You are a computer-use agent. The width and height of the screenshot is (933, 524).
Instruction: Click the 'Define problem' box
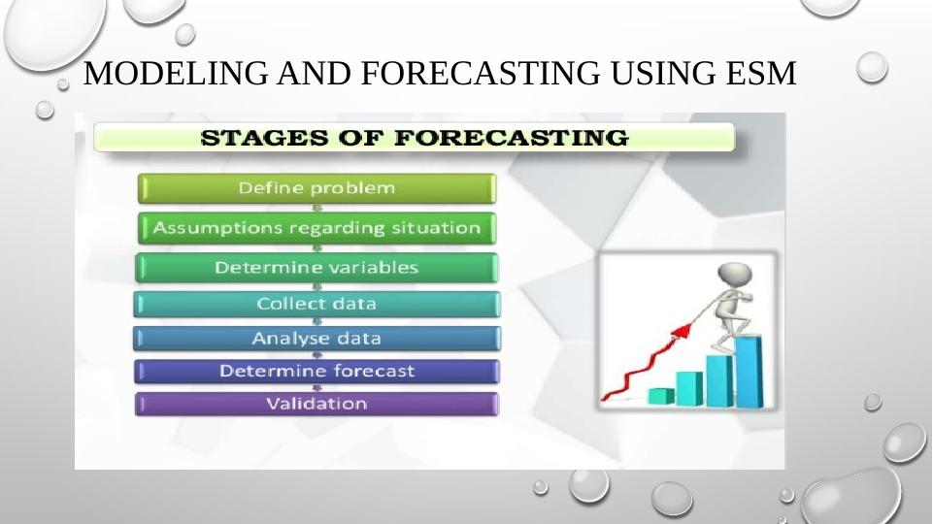(x=317, y=188)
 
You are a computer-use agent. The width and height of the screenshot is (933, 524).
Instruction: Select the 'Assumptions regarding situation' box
(x=317, y=228)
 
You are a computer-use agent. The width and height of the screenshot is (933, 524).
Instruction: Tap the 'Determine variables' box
(x=317, y=268)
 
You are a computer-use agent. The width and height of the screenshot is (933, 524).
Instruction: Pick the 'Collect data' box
(x=317, y=304)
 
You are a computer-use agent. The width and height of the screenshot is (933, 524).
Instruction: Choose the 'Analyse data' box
(x=317, y=339)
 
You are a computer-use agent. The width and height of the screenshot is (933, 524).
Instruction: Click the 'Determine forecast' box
(x=317, y=371)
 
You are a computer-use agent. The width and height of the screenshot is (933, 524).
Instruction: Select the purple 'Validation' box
(x=317, y=404)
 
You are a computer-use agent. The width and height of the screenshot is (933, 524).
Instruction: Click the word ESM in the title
(x=760, y=73)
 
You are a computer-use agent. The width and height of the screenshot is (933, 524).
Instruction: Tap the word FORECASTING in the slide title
(x=481, y=73)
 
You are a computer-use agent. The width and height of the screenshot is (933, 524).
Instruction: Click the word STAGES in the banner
(x=264, y=138)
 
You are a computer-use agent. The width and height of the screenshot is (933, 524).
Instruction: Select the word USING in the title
(x=663, y=73)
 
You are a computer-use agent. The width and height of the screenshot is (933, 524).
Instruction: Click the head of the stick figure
(x=735, y=275)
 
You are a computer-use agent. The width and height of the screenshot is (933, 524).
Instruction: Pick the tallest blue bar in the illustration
(x=749, y=372)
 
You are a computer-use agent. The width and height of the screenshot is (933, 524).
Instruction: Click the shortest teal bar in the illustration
(x=660, y=396)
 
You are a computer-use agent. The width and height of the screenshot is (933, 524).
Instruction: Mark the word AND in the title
(x=315, y=73)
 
